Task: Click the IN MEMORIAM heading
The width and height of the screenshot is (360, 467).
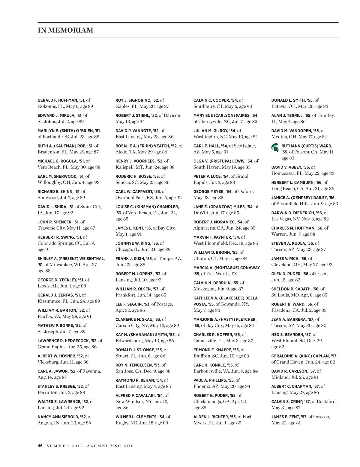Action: click(65, 30)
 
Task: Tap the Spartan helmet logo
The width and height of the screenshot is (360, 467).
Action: click(275, 147)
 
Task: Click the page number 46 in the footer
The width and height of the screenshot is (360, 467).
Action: click(40, 446)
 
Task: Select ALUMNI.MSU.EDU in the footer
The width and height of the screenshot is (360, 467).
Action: click(110, 446)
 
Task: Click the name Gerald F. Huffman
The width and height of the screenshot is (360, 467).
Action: click(57, 100)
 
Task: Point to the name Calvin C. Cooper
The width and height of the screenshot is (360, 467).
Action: click(212, 100)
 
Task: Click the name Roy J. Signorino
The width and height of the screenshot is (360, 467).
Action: click(133, 100)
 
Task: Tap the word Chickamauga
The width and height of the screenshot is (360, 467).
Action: click(209, 402)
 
